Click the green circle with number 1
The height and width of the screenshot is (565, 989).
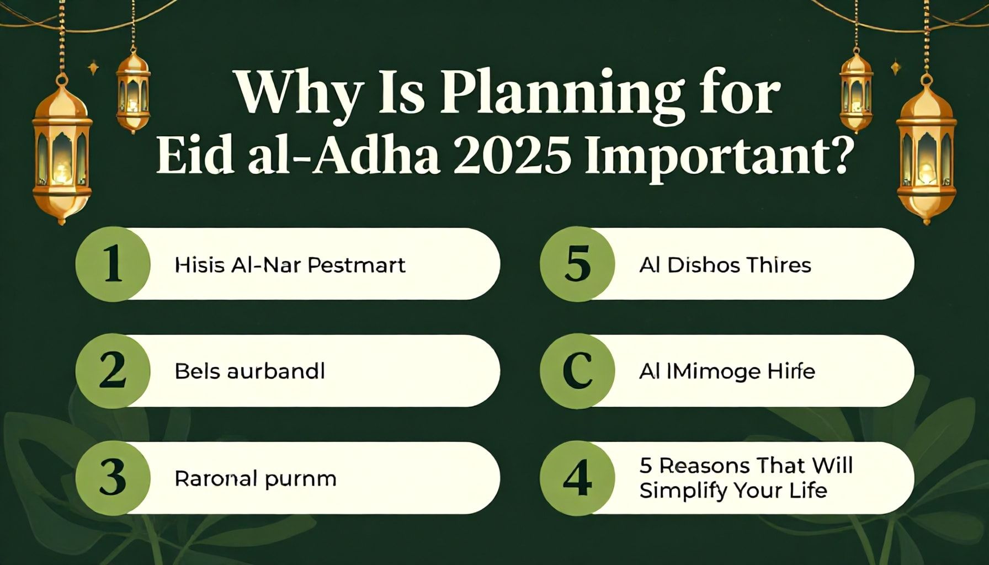click(113, 264)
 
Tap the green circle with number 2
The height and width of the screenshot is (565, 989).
click(113, 371)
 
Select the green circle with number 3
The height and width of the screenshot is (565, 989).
click(113, 478)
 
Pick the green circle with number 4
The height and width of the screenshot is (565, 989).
click(577, 478)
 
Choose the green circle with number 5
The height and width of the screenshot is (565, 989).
click(577, 264)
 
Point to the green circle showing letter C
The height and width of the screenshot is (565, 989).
click(577, 371)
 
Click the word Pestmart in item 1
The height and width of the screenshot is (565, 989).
click(356, 265)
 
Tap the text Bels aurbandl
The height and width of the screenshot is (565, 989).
click(249, 371)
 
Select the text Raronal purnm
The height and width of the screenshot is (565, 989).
click(255, 478)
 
